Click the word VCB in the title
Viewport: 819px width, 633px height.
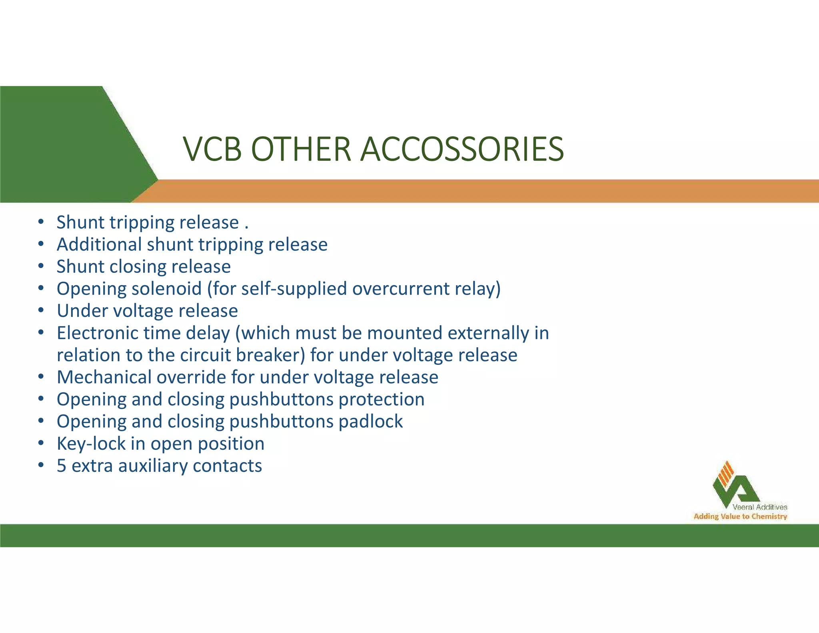pos(212,149)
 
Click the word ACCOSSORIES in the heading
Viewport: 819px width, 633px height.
pos(462,149)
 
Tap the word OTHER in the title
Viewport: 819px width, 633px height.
pos(301,149)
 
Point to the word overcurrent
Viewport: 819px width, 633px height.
pos(401,289)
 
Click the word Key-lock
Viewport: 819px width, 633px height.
pos(91,444)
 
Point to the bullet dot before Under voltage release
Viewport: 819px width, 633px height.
pos(41,311)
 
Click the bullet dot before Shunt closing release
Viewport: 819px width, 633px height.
pos(41,266)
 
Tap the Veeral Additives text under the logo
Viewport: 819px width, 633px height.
pos(760,507)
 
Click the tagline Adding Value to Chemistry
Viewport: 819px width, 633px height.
pos(740,517)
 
